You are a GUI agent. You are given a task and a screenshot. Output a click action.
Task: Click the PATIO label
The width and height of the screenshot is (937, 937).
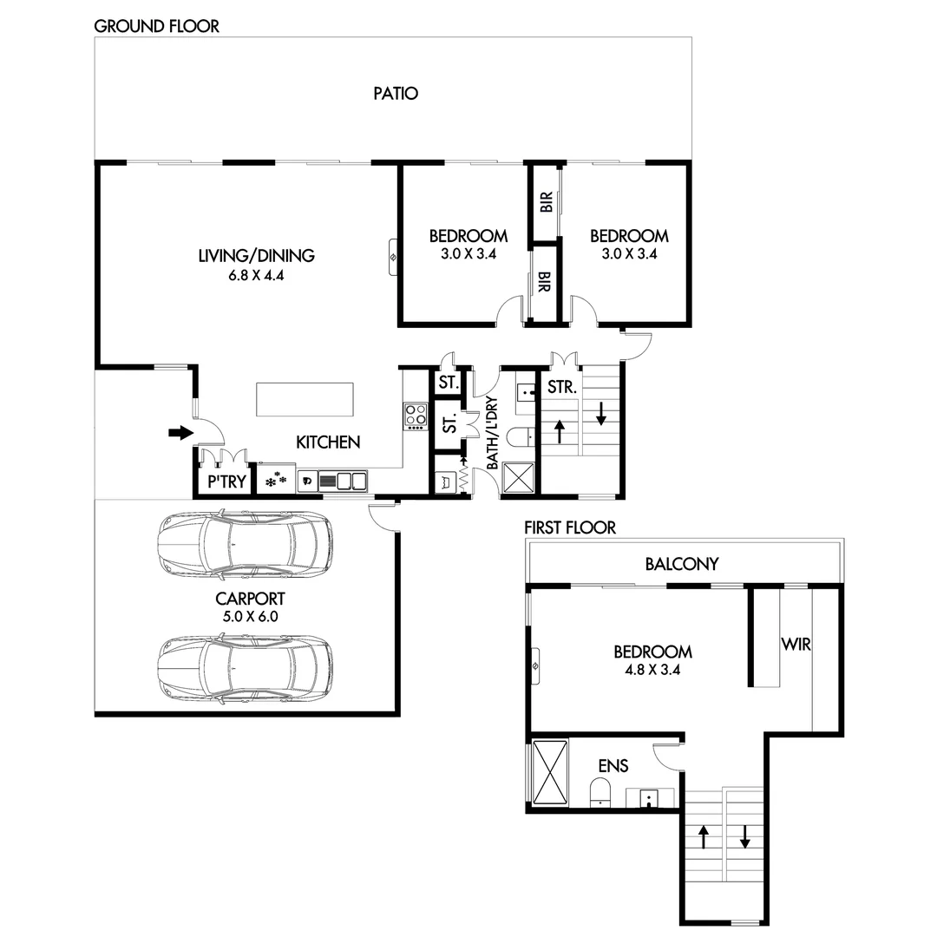[x=396, y=93]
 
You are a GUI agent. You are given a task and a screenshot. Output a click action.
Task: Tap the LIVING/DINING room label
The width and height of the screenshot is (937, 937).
[x=256, y=255]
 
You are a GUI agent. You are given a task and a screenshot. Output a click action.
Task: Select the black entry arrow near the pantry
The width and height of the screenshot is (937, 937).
[x=180, y=432]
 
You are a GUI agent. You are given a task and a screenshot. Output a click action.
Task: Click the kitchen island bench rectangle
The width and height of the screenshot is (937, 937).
[x=305, y=401]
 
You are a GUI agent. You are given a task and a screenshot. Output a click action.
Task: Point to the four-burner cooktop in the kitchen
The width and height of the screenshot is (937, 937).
[x=416, y=416]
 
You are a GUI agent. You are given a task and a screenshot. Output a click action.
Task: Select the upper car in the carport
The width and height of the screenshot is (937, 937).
[x=245, y=544]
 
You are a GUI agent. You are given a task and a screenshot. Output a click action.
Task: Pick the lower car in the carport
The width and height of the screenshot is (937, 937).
[x=245, y=669]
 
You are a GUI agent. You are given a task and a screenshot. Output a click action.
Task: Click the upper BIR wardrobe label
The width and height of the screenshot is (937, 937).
[x=546, y=204]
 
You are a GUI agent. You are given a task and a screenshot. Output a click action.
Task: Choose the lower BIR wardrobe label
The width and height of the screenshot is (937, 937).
[x=544, y=284]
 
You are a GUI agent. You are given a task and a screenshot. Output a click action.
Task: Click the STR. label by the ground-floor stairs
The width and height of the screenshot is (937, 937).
[x=562, y=387]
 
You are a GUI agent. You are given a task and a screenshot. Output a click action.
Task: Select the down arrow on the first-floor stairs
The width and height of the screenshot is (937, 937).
[x=744, y=836]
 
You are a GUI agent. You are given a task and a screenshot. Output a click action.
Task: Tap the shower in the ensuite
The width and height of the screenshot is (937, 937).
[x=547, y=772]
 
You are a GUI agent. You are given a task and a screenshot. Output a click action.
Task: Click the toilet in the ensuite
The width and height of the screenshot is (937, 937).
[x=600, y=790]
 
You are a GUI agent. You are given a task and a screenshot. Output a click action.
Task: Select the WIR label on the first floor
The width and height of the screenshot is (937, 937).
[x=796, y=645]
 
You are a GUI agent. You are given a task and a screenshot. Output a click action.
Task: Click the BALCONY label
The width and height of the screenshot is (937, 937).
[x=681, y=564]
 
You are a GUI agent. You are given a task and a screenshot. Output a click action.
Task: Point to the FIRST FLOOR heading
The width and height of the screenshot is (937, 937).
[x=570, y=527]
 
